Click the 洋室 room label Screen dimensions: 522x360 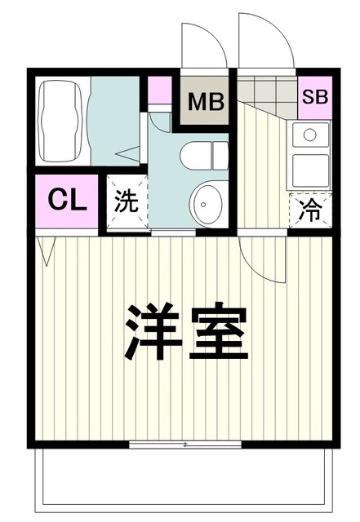click(185, 333)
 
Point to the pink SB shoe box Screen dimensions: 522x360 click(314, 95)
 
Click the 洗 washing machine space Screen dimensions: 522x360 click(126, 202)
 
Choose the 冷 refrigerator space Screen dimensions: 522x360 click(311, 210)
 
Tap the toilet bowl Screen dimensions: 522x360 click(205, 155)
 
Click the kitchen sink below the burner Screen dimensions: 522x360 click(310, 170)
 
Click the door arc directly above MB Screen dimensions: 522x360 click(202, 45)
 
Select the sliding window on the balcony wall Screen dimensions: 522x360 click(187, 445)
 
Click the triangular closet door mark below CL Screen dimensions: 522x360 click(47, 251)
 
